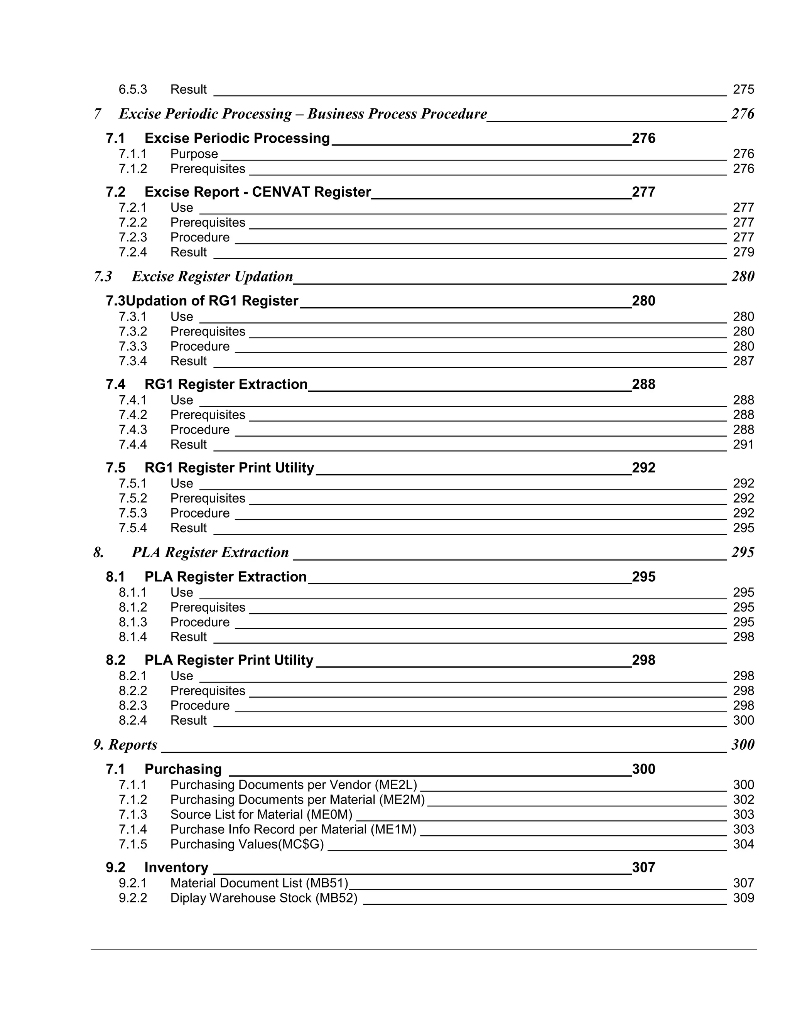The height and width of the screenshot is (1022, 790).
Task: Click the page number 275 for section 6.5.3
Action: (x=743, y=89)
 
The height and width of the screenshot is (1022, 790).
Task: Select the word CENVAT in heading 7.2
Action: (x=281, y=192)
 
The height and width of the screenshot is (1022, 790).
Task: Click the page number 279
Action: (x=743, y=252)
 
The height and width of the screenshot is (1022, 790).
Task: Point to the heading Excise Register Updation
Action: (x=212, y=277)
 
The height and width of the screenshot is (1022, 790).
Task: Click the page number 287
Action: (x=743, y=361)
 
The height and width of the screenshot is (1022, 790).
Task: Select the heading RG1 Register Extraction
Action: (x=226, y=384)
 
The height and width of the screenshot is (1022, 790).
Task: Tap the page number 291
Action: (x=743, y=445)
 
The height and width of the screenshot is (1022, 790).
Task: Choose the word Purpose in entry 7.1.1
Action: (x=194, y=154)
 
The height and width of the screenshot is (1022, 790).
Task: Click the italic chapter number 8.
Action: (x=98, y=553)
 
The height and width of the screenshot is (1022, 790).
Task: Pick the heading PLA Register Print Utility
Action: (x=229, y=660)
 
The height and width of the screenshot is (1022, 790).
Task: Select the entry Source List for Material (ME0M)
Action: (x=261, y=815)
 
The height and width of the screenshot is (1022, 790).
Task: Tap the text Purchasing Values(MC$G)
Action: (x=246, y=844)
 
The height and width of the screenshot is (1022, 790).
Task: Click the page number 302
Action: (x=743, y=800)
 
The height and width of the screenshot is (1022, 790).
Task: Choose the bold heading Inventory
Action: (x=176, y=868)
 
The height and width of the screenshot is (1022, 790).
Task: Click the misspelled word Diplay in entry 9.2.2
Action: (x=188, y=898)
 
